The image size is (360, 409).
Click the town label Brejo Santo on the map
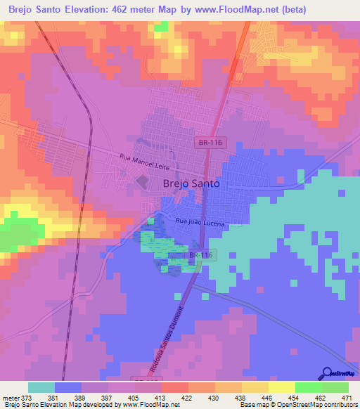point(191,183)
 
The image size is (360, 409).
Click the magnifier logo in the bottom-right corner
point(327,372)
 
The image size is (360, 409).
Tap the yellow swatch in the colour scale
point(281,387)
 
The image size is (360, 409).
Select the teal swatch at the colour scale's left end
point(41,387)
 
